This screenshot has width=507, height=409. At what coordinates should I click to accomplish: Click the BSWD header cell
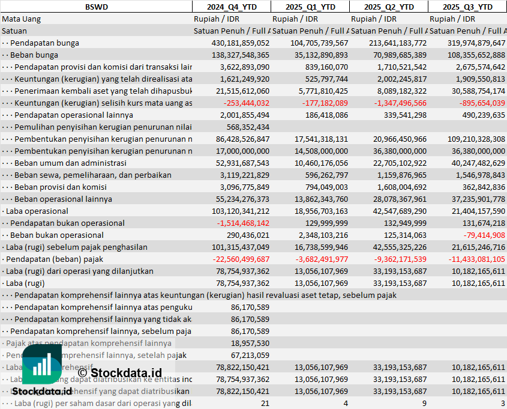click(x=96, y=7)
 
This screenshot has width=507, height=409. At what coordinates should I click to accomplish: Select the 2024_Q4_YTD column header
click(x=231, y=7)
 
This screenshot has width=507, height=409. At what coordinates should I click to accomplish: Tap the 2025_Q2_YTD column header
click(x=389, y=7)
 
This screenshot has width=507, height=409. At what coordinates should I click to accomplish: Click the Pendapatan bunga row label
click(x=44, y=43)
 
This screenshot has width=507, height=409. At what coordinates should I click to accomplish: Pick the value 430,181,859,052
click(x=241, y=43)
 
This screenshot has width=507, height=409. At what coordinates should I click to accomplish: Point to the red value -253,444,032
click(x=243, y=103)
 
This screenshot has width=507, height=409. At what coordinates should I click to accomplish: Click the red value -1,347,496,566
click(x=395, y=103)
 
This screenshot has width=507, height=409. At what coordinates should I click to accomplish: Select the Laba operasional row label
click(x=37, y=211)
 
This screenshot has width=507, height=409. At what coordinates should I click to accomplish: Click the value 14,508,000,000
click(x=319, y=151)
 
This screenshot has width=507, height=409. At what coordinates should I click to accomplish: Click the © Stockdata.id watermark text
click(x=119, y=373)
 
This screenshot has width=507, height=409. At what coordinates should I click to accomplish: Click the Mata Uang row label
click(x=21, y=19)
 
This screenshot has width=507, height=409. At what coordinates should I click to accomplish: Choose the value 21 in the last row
click(x=265, y=403)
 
